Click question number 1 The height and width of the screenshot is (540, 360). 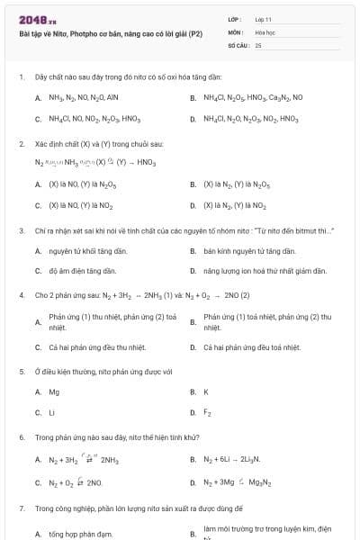coord(21,77)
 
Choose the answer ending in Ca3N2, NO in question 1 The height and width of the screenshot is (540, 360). coord(253,96)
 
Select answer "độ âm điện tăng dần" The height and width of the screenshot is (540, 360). coord(82,271)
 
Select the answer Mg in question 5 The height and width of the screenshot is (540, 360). coord(54,391)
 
